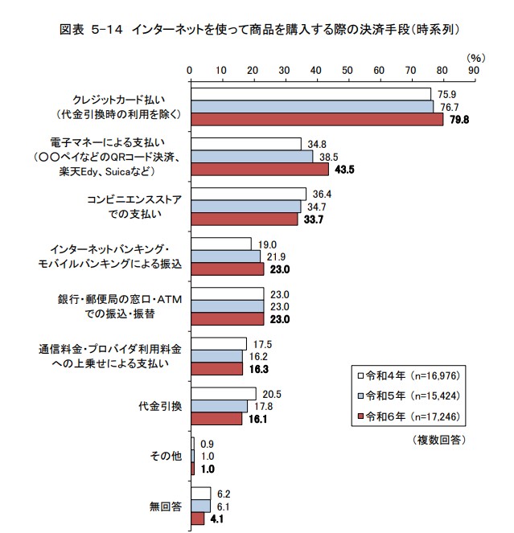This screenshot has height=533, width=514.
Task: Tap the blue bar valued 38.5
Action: tap(251, 157)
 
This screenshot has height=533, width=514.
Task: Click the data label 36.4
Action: tap(320, 194)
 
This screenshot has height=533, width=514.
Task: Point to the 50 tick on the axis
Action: tap(347, 71)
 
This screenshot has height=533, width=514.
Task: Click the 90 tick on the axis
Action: tap(473, 71)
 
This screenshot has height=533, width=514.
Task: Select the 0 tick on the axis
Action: tap(190, 71)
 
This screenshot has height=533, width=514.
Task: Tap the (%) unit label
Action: tap(476, 58)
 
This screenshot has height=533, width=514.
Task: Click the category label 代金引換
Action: tap(161, 406)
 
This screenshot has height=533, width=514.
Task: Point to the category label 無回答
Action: tap(166, 506)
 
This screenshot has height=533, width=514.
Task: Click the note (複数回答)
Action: tap(439, 440)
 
